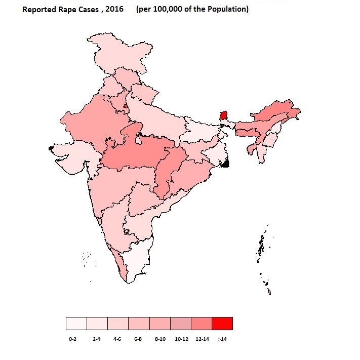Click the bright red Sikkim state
(x=223, y=116)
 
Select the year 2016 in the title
(x=113, y=9)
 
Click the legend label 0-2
(x=72, y=338)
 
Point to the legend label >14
(x=222, y=338)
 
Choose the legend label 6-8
(x=138, y=338)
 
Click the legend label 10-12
(x=181, y=338)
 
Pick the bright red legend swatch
(x=222, y=323)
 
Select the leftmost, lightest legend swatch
(x=76, y=323)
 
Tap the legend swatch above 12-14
(x=201, y=323)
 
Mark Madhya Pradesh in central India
(x=137, y=152)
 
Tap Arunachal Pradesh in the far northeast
(x=276, y=111)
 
